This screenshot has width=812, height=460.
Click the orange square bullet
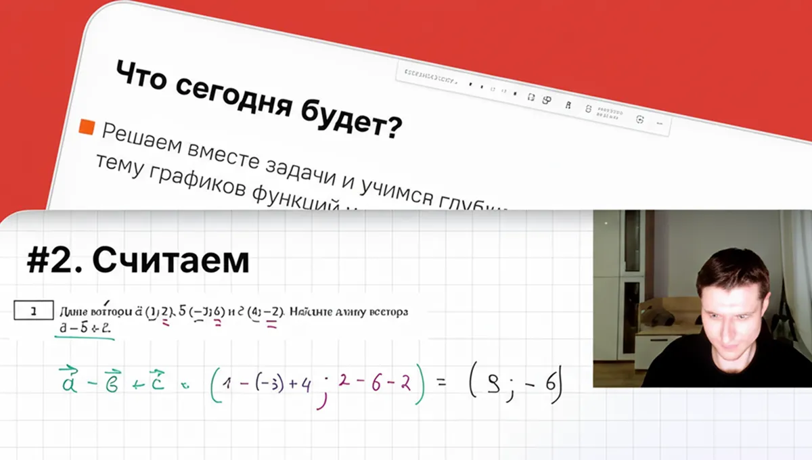[x=86, y=127]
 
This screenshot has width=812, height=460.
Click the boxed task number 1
[x=33, y=312]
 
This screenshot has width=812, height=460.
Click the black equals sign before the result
[x=441, y=383]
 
